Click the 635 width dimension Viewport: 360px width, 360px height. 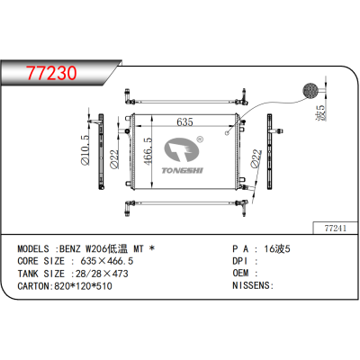tap(185, 121)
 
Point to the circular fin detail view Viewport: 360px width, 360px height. tap(309, 90)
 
